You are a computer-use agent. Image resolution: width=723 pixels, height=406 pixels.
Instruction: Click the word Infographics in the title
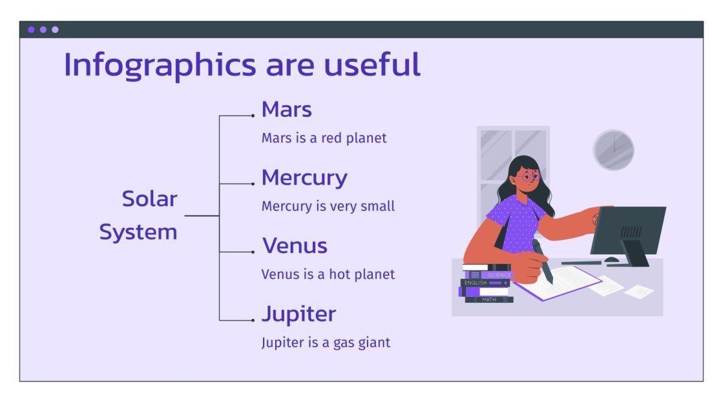[x=155, y=65]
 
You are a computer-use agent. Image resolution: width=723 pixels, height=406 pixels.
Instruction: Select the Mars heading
[x=286, y=110]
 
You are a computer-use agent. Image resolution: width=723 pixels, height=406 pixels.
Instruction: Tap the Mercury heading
[x=304, y=178]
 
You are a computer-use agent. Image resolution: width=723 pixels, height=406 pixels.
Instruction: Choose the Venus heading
[x=295, y=246]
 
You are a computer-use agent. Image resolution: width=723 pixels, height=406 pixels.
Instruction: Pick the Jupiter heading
[x=299, y=314]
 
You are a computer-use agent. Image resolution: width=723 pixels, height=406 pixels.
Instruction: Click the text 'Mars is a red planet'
[x=324, y=138]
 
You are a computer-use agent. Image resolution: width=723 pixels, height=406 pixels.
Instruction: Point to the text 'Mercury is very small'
[x=328, y=207]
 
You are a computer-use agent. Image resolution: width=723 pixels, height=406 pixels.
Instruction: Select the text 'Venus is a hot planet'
[x=328, y=274]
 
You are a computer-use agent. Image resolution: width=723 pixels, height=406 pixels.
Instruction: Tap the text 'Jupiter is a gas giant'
[x=326, y=342]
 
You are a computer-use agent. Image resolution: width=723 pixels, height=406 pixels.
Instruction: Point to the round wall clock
[x=613, y=150]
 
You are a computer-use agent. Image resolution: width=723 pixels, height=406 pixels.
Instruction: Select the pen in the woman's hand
[x=542, y=261]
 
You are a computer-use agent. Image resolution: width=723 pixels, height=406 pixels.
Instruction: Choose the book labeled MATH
[x=488, y=299]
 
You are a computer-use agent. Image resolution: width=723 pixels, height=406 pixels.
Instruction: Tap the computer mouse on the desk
[x=611, y=259]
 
